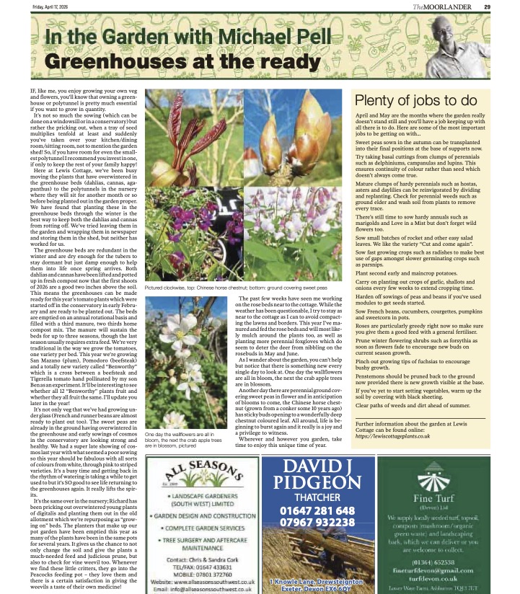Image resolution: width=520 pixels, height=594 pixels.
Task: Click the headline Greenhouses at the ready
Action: point(169,63)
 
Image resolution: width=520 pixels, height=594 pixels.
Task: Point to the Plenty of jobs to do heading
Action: point(415,101)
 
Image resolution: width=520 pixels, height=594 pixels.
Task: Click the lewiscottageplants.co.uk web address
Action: point(395,438)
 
